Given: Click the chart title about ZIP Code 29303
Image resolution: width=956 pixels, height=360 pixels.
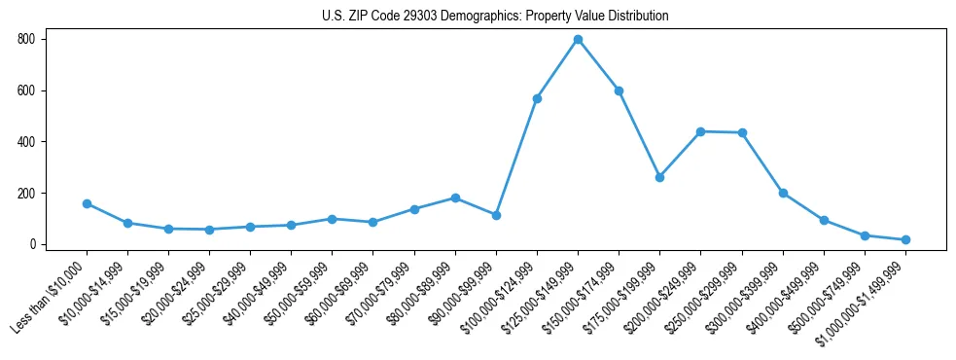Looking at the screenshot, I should tap(495, 17).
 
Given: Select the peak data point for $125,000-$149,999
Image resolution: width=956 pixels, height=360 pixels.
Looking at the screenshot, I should tap(578, 40).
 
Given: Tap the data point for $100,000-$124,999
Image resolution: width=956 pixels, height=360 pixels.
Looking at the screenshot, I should tap(537, 98).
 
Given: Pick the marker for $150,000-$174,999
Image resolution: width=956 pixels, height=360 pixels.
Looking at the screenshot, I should tap(619, 90).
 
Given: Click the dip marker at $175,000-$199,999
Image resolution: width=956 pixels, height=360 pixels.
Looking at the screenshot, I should tap(659, 177).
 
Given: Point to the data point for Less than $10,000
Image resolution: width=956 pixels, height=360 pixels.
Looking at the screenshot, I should tap(87, 203).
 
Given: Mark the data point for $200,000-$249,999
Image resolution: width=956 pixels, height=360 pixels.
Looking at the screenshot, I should tap(700, 131).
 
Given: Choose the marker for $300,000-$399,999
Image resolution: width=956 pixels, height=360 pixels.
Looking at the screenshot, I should tap(783, 193).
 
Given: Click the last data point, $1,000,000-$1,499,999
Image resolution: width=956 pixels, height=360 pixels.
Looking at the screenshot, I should tap(905, 239).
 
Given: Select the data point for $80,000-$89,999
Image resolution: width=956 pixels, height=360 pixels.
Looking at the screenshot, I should tap(455, 198).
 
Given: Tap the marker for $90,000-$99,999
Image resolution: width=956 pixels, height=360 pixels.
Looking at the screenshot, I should tap(496, 215).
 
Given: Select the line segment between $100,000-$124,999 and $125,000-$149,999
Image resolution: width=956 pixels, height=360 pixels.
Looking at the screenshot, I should tap(557, 69).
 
